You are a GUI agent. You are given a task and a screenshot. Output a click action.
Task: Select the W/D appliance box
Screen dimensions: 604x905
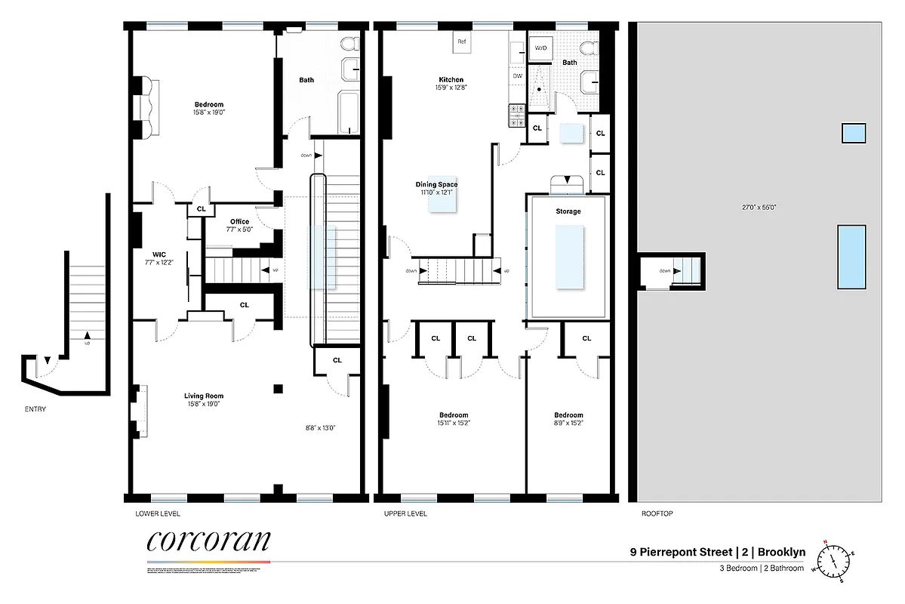[x=540, y=48]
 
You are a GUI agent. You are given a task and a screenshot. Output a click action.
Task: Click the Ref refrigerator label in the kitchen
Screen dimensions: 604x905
[x=462, y=42]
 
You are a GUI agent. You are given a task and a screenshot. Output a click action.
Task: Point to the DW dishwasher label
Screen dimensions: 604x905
[x=517, y=76]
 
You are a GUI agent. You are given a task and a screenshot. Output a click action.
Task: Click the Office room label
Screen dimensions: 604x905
[x=239, y=221]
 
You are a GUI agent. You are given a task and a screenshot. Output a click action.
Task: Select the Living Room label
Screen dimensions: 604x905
[x=204, y=396]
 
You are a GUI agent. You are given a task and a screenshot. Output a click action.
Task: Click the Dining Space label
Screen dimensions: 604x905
[x=436, y=184]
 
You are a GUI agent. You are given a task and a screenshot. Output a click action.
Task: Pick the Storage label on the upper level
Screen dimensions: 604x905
[x=568, y=211]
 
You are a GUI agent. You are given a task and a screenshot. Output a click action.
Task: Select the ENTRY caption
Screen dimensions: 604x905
[x=35, y=409]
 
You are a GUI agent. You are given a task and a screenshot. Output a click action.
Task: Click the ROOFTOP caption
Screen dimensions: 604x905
[x=657, y=513]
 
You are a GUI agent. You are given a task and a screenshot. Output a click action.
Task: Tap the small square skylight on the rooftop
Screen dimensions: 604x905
[x=853, y=134]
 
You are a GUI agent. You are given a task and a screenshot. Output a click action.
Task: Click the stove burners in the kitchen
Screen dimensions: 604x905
[x=517, y=114]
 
